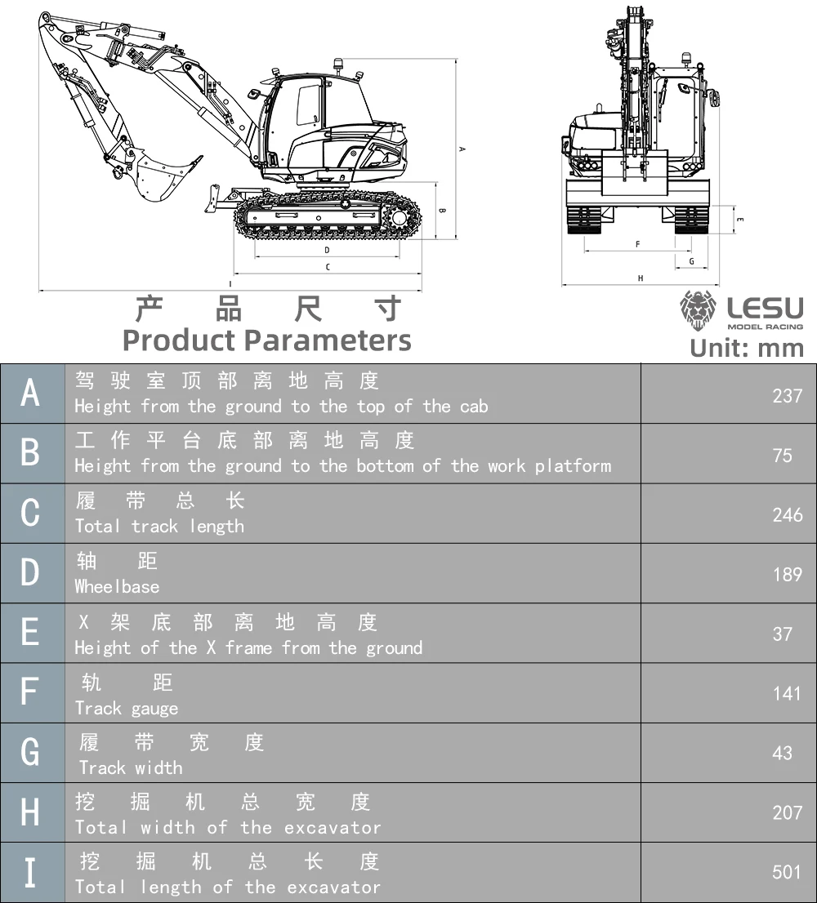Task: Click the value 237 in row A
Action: pos(787,395)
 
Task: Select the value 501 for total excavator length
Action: pos(787,872)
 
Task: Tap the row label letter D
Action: pos(30,573)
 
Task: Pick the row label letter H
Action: pos(30,812)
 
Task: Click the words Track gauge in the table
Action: pos(127,708)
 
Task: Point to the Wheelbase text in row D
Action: pos(117,586)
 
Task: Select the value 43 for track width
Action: pos(783,753)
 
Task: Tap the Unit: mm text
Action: pos(747,348)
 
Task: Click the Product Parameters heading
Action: pos(266,340)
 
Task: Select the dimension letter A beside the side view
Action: pos(462,149)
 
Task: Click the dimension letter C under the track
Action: pos(328,267)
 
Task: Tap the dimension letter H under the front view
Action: pos(641,278)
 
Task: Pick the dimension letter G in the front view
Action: pos(691,262)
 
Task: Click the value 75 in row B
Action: pos(783,455)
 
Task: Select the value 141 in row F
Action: pos(787,693)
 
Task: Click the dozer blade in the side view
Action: pos(215,199)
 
